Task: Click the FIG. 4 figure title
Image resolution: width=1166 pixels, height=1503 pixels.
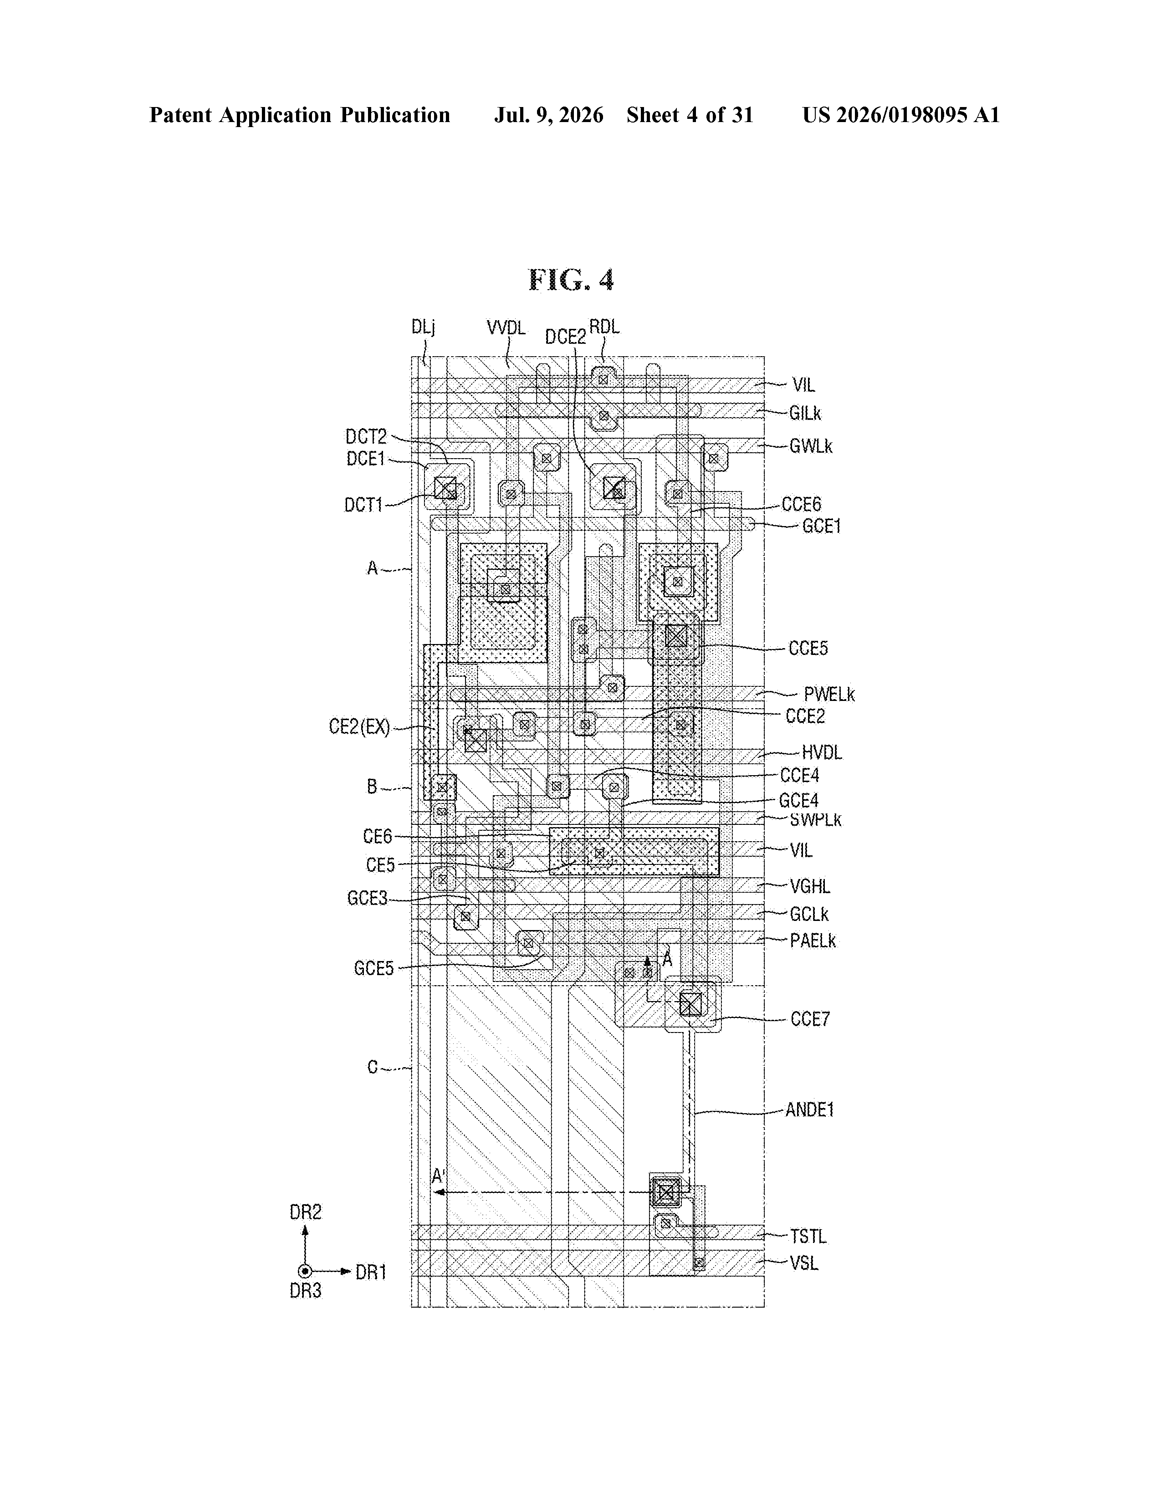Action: click(x=571, y=280)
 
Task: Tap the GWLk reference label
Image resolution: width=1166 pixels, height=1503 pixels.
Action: click(x=810, y=447)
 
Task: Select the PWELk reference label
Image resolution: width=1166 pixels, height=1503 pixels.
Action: click(x=829, y=695)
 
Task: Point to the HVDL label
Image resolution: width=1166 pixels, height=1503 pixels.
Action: click(x=821, y=753)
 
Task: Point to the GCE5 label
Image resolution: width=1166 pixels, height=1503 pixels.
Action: click(x=374, y=969)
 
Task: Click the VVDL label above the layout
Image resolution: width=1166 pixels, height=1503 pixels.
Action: click(x=506, y=327)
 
